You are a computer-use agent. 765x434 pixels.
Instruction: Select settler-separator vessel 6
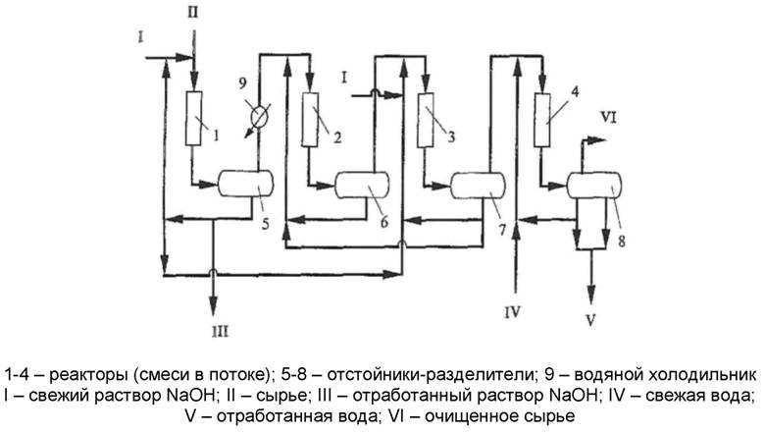362,184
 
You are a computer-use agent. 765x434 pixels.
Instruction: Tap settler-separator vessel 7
478,184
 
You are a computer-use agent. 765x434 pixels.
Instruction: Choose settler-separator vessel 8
594,184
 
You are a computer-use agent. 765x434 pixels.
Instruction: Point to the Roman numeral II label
192,12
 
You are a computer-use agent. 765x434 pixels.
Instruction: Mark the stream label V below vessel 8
591,317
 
